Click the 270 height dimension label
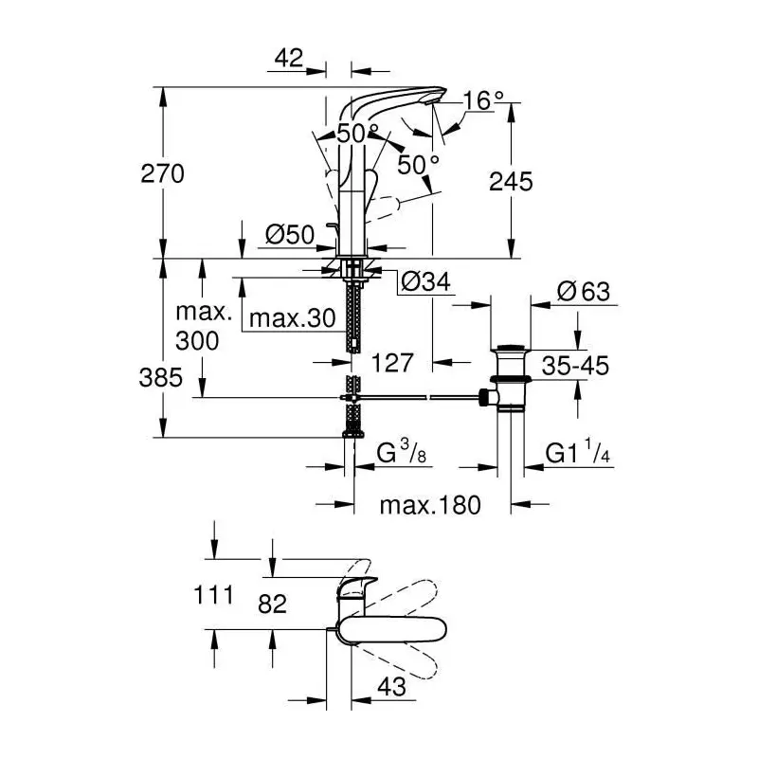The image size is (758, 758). coord(162,173)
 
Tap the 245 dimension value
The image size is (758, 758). coord(511,182)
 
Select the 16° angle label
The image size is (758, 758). coord(483,100)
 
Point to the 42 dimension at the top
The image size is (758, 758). coord(289,58)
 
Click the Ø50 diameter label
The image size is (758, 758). coord(290,235)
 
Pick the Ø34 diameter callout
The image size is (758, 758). coord(425,281)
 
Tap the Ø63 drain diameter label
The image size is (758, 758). coord(584,292)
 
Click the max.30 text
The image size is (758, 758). coord(293,318)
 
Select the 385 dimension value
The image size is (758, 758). coord(161,377)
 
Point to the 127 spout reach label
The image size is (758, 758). coord(392,363)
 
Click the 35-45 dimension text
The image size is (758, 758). coord(575,366)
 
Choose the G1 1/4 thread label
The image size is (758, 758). coord(578,452)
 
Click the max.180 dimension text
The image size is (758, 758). coord(430,505)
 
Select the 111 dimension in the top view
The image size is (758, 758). coord(213,595)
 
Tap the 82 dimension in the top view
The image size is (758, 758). coord(272,604)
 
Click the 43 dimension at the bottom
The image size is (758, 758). coord(391,686)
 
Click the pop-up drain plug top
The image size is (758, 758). coord(511,347)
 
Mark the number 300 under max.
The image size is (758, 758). coord(197,341)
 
